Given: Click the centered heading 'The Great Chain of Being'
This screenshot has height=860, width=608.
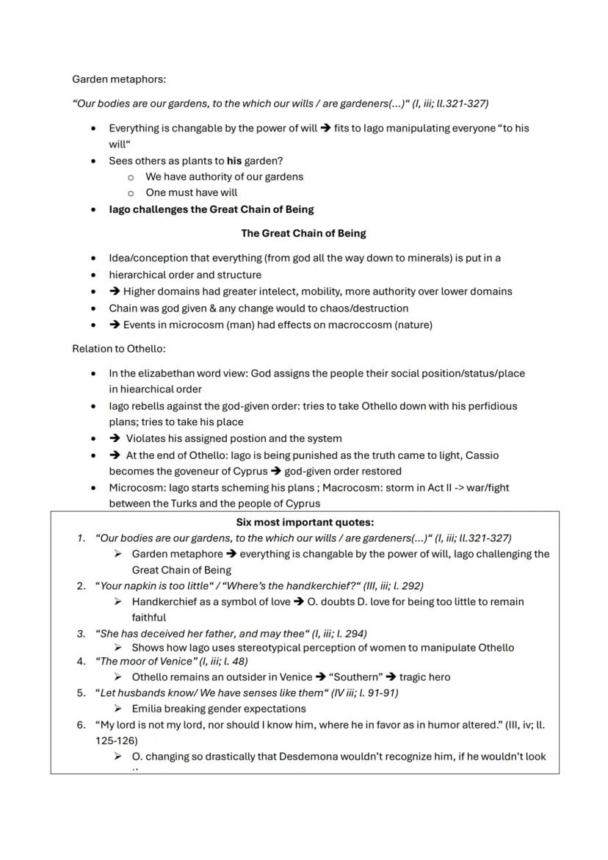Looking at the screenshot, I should pos(303,234).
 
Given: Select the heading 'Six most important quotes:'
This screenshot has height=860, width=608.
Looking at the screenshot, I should pos(305,523).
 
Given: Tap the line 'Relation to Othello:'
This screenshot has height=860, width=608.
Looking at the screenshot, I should pos(118,349).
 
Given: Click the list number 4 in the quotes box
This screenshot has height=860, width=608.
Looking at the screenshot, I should pos(81,661).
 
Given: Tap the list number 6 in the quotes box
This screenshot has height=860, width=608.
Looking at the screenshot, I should pos(81,725).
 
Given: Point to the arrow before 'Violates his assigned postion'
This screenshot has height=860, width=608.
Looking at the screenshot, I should pos(115,438).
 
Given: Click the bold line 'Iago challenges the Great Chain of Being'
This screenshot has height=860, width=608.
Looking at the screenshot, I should pos(211,209).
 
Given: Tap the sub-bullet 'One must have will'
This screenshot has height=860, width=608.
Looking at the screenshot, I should pos(191,192).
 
